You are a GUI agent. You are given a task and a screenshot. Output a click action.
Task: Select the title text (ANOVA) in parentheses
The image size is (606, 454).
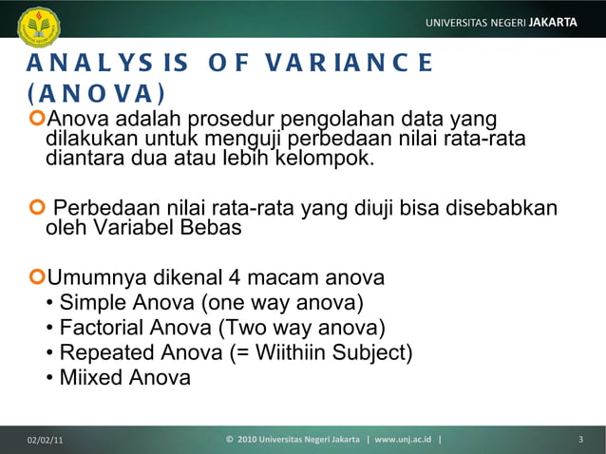95,94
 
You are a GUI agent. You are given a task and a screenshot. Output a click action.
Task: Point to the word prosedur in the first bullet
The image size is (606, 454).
228,119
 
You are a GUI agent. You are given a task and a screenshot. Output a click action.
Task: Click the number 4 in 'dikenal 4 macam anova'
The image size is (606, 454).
233,279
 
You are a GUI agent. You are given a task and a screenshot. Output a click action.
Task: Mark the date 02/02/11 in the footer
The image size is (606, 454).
46,440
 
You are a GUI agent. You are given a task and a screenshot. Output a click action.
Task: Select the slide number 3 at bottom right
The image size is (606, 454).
579,440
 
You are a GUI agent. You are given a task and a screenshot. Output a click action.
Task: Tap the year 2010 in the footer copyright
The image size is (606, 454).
247,440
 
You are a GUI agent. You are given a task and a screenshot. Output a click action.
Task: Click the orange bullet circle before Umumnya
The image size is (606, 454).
37,279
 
